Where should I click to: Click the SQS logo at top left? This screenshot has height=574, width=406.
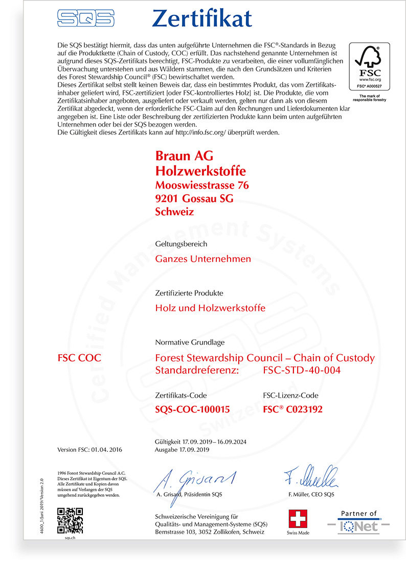click(85, 18)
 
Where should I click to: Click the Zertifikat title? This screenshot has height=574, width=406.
click(202, 18)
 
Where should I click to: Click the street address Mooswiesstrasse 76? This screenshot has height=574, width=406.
click(202, 185)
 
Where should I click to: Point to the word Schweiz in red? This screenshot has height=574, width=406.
click(174, 212)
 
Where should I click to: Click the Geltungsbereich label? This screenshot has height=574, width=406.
click(181, 244)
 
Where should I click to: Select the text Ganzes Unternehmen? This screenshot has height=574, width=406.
click(203, 259)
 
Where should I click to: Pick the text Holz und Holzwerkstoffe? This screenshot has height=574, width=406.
click(210, 308)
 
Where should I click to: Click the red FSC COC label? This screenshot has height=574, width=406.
click(79, 358)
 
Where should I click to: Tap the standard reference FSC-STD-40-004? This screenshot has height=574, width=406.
click(301, 370)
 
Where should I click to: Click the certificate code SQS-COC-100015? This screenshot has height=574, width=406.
click(192, 409)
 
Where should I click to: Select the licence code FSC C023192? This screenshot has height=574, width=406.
click(292, 409)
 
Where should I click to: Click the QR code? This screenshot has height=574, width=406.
click(70, 521)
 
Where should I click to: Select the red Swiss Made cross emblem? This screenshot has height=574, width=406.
click(298, 518)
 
